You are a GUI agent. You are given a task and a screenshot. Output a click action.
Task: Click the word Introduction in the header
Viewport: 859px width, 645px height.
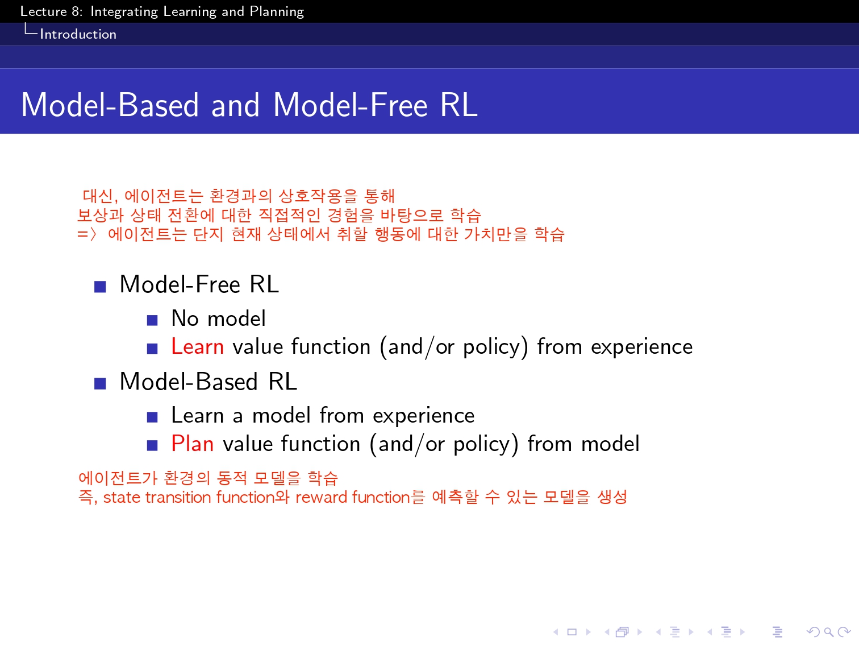click(78, 34)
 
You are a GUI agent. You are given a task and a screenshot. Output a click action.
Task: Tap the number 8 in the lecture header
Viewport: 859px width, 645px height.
click(76, 11)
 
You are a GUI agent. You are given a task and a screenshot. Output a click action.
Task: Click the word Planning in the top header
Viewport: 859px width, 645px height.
click(277, 12)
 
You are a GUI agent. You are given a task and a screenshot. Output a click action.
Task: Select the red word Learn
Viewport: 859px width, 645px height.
click(197, 346)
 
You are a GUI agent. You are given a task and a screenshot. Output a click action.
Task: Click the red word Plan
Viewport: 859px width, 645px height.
click(192, 444)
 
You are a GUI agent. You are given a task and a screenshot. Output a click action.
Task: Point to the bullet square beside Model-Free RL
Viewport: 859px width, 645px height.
click(100, 287)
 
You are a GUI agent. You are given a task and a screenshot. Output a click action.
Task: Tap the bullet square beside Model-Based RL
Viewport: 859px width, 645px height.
click(100, 383)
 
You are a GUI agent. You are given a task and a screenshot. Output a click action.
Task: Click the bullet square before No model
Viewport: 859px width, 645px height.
click(152, 320)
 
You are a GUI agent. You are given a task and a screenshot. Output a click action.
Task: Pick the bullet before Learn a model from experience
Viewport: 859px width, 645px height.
click(152, 417)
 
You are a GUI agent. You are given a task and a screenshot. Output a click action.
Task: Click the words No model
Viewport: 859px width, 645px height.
click(218, 318)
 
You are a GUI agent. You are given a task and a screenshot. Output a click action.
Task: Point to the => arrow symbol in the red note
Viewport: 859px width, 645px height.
click(86, 234)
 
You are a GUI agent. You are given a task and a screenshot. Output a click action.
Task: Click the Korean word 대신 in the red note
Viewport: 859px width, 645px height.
click(98, 196)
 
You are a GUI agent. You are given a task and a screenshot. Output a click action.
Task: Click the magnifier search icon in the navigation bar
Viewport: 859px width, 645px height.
click(828, 632)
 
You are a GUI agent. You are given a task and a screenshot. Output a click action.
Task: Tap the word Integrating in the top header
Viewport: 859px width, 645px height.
click(124, 12)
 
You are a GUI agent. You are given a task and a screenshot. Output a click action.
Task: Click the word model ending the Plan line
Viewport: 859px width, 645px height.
click(610, 444)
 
